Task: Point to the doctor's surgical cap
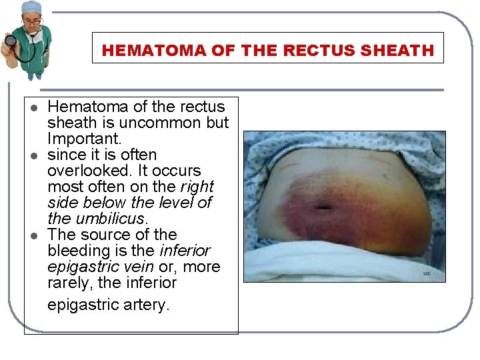[x=31, y=9]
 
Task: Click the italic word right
[x=197, y=187]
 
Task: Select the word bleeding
[x=82, y=251]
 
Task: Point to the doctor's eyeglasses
[x=31, y=21]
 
